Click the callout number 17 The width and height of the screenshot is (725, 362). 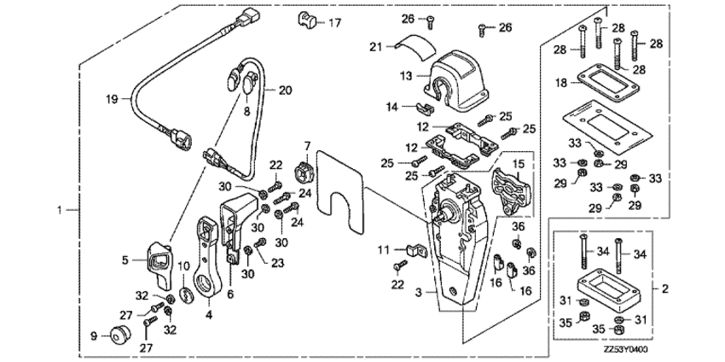[334, 21]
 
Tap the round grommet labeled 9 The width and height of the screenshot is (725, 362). [116, 332]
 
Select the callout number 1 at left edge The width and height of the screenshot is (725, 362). [59, 209]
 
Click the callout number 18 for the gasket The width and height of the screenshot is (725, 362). [560, 84]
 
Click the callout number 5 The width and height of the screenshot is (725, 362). [125, 260]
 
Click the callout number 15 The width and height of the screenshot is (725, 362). [518, 162]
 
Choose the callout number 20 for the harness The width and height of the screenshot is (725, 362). [286, 89]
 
